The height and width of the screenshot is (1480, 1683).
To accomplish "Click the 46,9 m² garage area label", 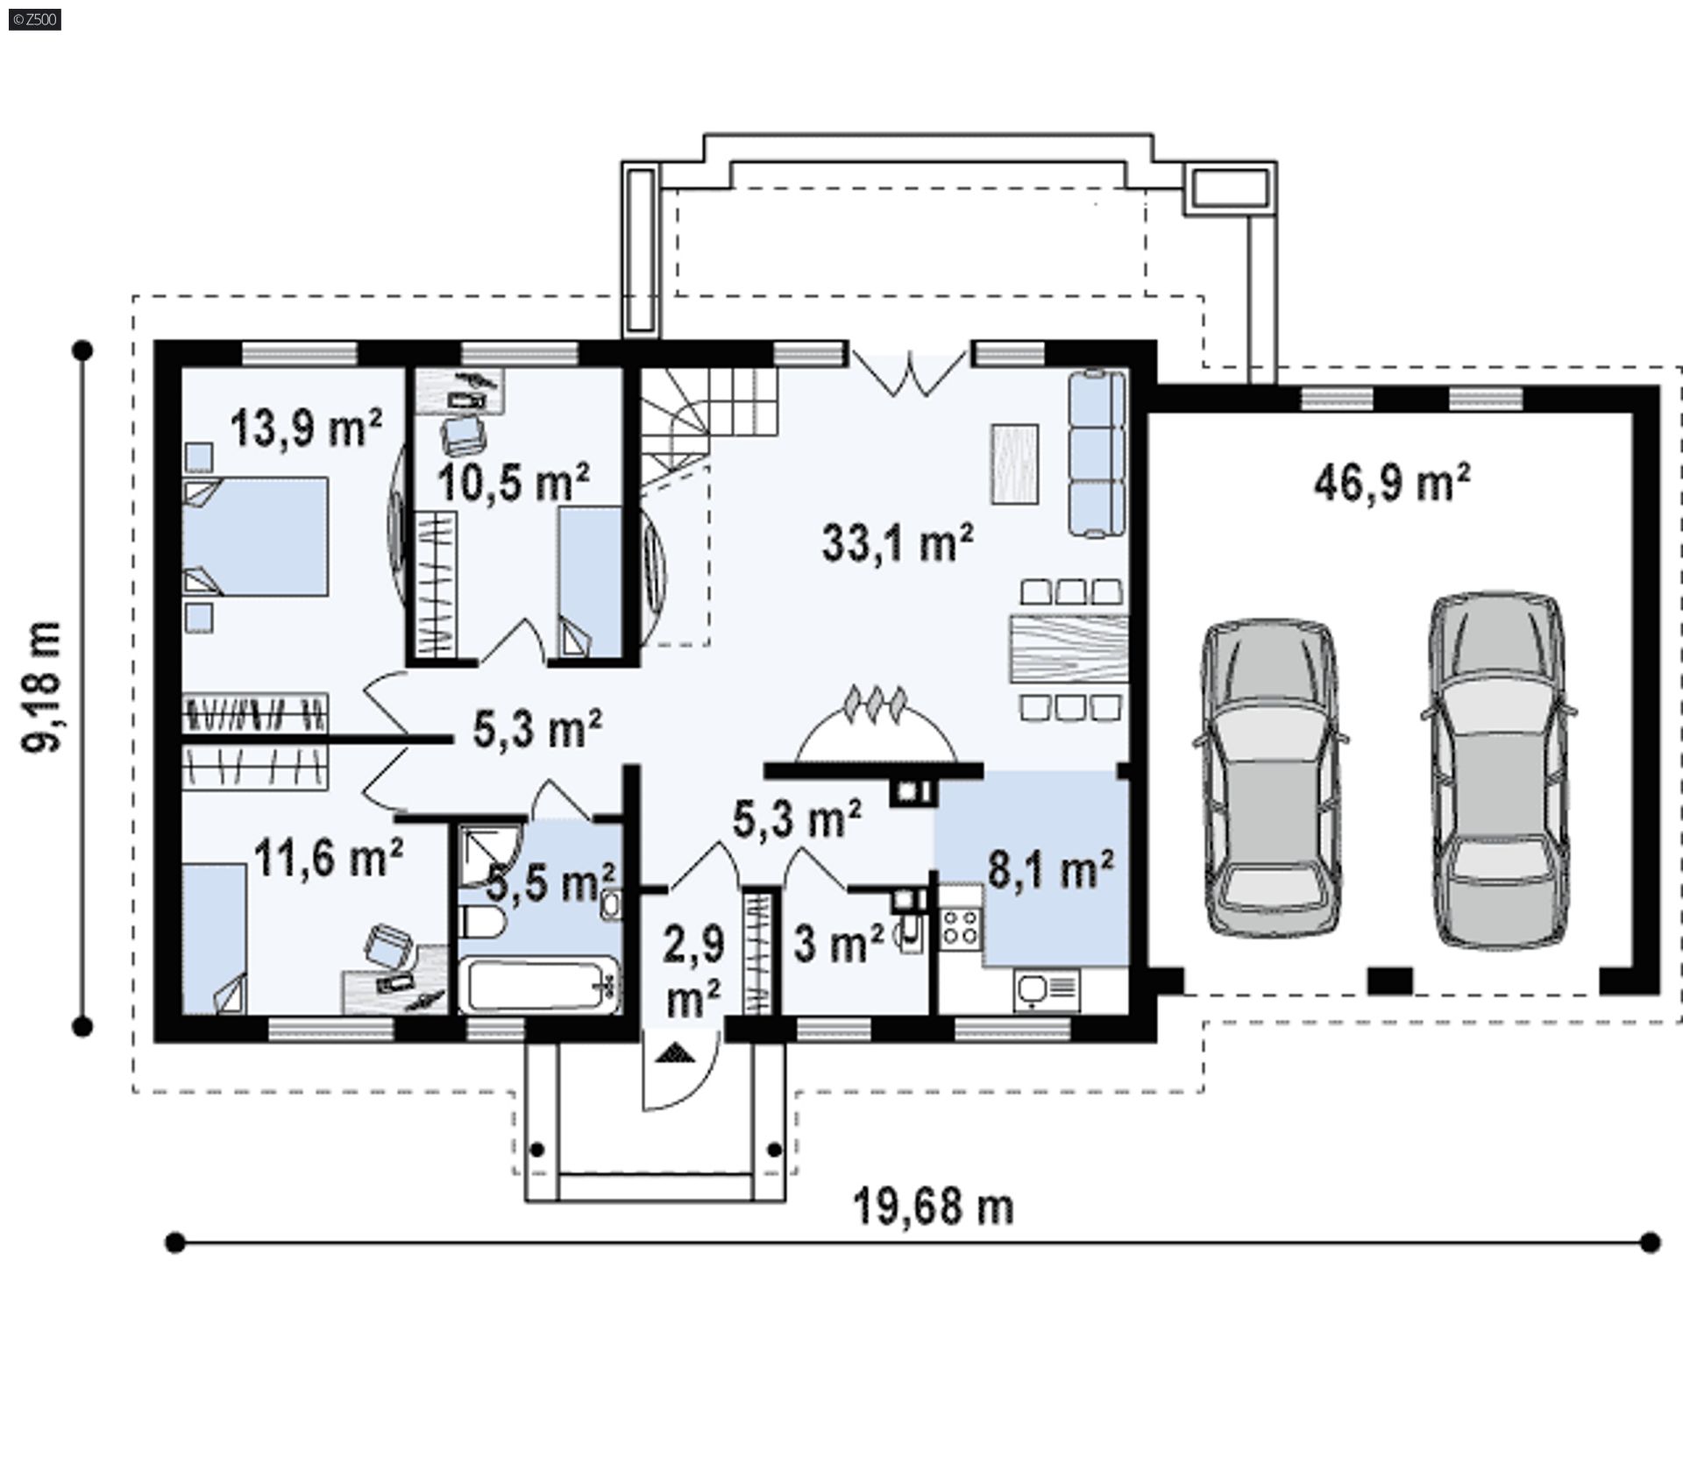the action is (1392, 482).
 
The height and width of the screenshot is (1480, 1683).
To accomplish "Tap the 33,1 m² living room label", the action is (898, 542).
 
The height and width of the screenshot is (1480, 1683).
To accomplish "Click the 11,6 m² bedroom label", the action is (329, 857).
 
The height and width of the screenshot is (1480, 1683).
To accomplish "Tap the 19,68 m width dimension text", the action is (934, 1207).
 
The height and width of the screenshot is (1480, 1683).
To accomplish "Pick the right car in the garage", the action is (1498, 770).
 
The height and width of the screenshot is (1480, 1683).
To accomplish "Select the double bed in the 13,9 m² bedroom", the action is (255, 536).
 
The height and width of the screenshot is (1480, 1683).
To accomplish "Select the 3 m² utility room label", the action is (838, 943).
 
